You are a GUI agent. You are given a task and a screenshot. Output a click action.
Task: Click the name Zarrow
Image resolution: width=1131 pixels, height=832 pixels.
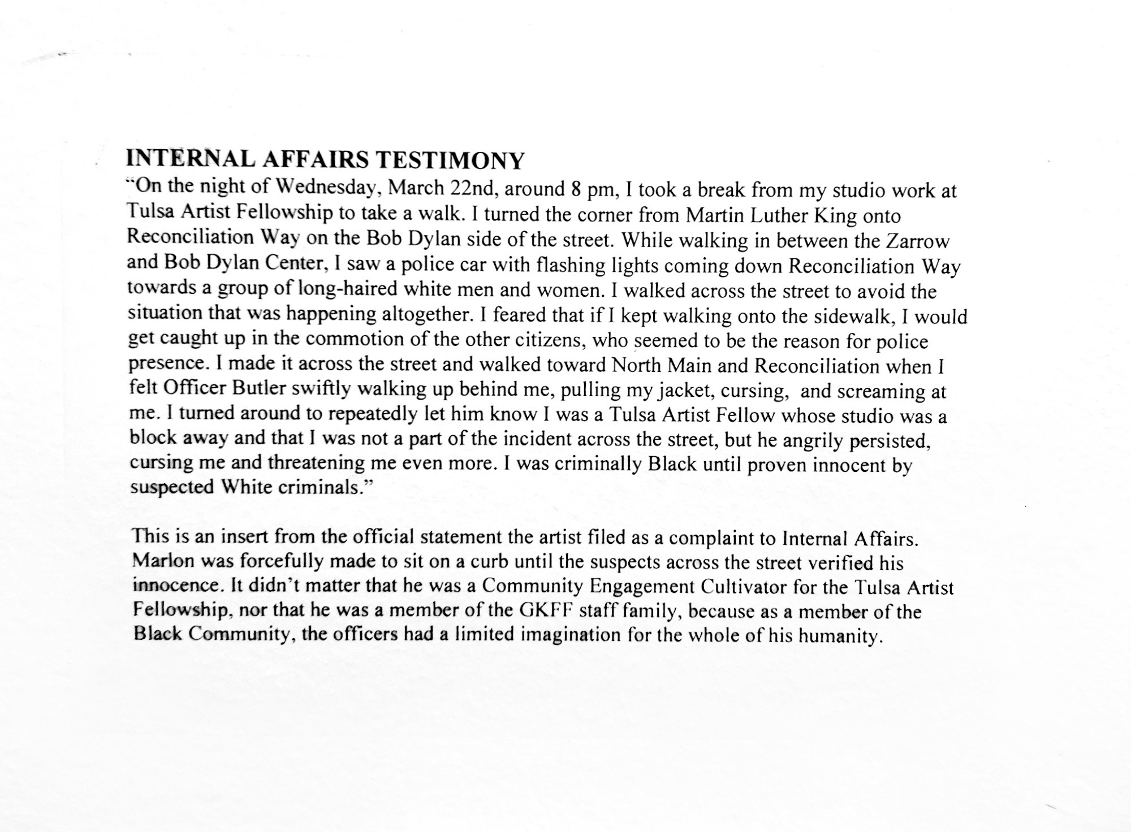pos(917,241)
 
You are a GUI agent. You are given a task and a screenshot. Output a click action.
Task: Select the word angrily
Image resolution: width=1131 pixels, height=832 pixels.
pos(812,440)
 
